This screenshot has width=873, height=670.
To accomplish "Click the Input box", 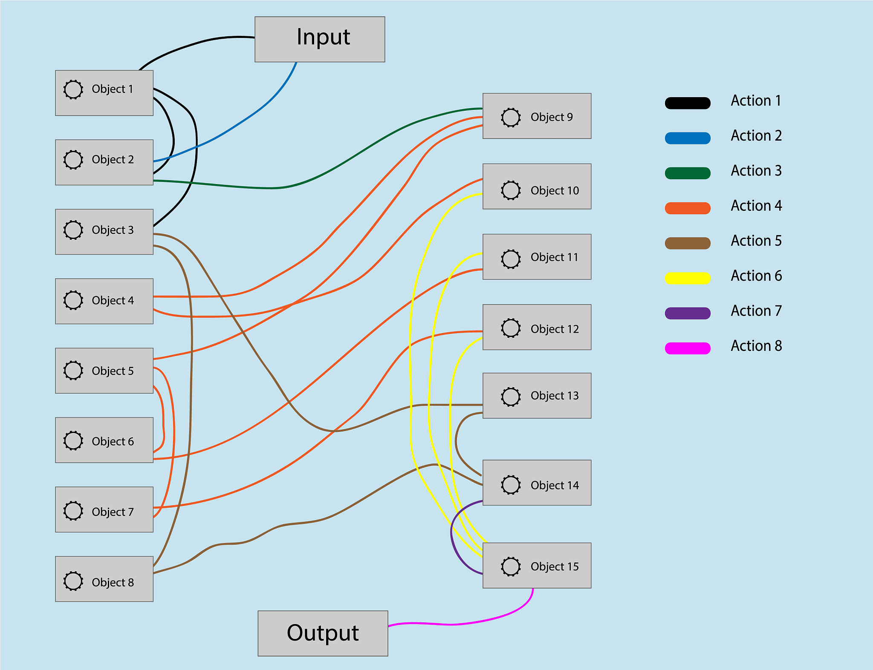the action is [x=320, y=39].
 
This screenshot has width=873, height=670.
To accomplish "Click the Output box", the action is [x=323, y=633].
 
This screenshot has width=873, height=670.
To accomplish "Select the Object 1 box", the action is [x=104, y=93].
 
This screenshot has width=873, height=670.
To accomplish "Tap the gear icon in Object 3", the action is [x=73, y=230].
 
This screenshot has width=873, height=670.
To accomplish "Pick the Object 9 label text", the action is [x=552, y=117].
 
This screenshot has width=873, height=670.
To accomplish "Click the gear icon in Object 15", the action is [x=511, y=566].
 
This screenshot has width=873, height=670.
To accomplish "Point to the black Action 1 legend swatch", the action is [x=688, y=103].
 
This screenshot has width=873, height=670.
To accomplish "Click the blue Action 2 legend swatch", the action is [x=688, y=138].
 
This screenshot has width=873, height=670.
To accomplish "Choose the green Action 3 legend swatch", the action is [x=688, y=173].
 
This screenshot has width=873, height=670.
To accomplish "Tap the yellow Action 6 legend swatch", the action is [x=688, y=278].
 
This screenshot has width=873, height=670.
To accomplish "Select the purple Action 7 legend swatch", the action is [x=688, y=313].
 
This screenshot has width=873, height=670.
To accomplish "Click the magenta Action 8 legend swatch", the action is [x=688, y=348].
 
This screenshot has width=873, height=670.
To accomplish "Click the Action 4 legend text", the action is [x=756, y=206].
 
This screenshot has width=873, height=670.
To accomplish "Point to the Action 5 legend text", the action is [x=756, y=241].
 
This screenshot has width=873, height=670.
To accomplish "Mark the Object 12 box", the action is [x=537, y=327].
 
